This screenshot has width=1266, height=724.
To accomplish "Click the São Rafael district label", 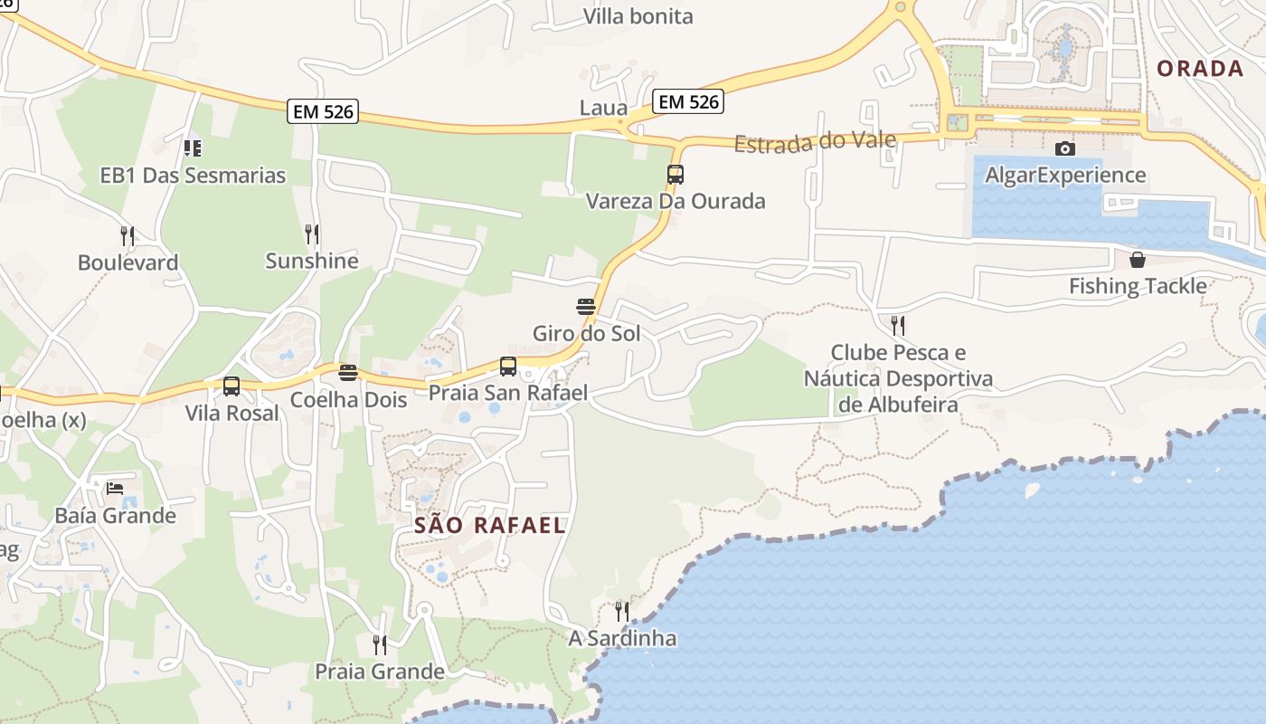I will coord(489,525).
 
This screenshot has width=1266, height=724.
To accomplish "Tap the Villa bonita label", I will coord(638,16).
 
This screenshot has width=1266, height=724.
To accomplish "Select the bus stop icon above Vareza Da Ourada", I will coord(676,175).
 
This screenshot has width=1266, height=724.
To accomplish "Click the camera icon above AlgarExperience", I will coord(1065,148).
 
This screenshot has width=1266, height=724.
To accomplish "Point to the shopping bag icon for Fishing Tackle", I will coord(1137,260).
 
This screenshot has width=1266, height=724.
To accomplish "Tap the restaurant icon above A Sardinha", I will coord(621,612).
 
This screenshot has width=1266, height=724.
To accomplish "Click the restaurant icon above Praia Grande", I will coord(380,644).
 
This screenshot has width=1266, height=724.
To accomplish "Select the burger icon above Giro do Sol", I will coord(586,306).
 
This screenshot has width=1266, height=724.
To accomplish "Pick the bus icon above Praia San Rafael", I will coord(508,367).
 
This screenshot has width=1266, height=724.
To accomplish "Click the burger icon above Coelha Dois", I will coord(348,372).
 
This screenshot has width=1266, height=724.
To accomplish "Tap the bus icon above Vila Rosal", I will coord(231,386).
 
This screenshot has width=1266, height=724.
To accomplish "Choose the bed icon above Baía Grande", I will coord(115,489).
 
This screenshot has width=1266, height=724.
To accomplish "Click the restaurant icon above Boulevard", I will coord(128,236).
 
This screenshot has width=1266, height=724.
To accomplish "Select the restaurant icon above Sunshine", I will coord(312,234).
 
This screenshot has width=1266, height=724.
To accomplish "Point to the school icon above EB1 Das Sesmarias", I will coord(192,148).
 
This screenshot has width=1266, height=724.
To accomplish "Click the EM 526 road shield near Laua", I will coord(689,101).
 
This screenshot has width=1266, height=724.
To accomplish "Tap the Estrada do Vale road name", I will coord(815,141).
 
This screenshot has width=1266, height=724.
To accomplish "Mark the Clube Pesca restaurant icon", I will coord(898,325).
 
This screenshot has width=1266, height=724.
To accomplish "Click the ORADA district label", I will coord(1200,69).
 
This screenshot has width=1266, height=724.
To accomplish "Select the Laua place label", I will coord(603,109).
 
